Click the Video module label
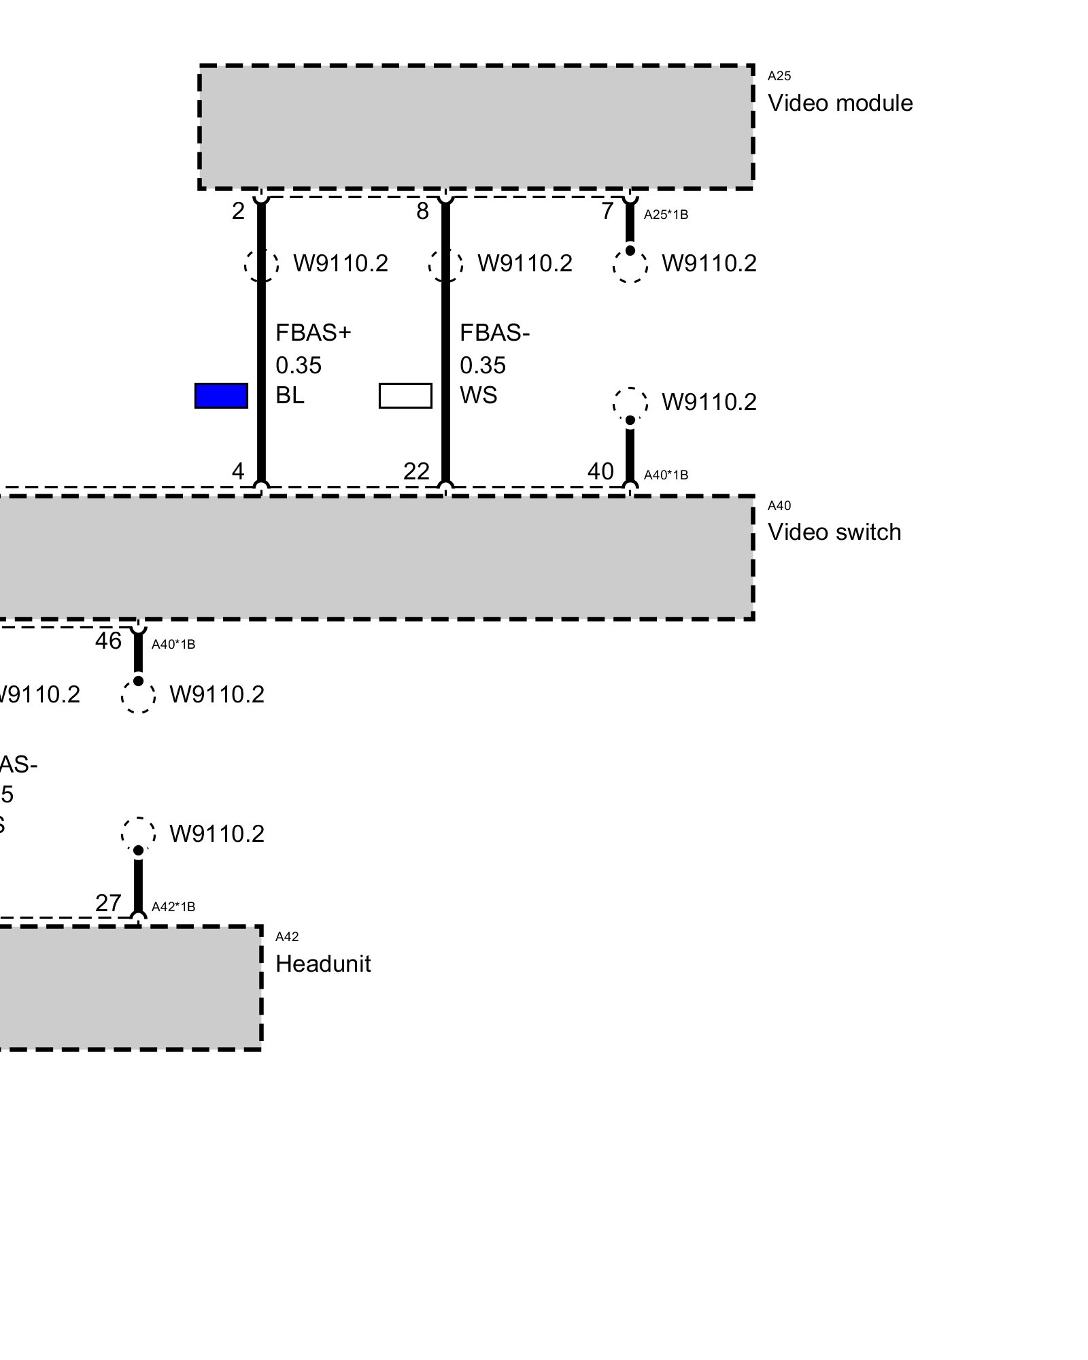840,103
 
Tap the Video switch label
834,532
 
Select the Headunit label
323,964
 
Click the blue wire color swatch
221,396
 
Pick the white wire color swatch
405,396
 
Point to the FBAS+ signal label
313,333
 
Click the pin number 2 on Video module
238,211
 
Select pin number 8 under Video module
423,211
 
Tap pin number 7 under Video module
607,211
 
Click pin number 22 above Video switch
417,471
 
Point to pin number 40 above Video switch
601,471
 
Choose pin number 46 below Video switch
109,641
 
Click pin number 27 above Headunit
109,903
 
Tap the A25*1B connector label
666,215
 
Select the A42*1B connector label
173,906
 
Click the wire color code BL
290,396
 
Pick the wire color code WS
479,396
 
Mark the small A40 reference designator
779,505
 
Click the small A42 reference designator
287,937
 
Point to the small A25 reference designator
779,76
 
